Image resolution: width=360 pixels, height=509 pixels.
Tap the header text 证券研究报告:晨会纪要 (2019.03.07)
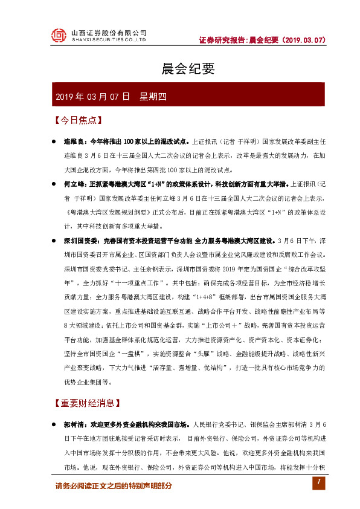pyautogui.click(x=263, y=40)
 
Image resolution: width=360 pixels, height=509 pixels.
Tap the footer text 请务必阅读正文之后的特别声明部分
pyautogui.click(x=114, y=485)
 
